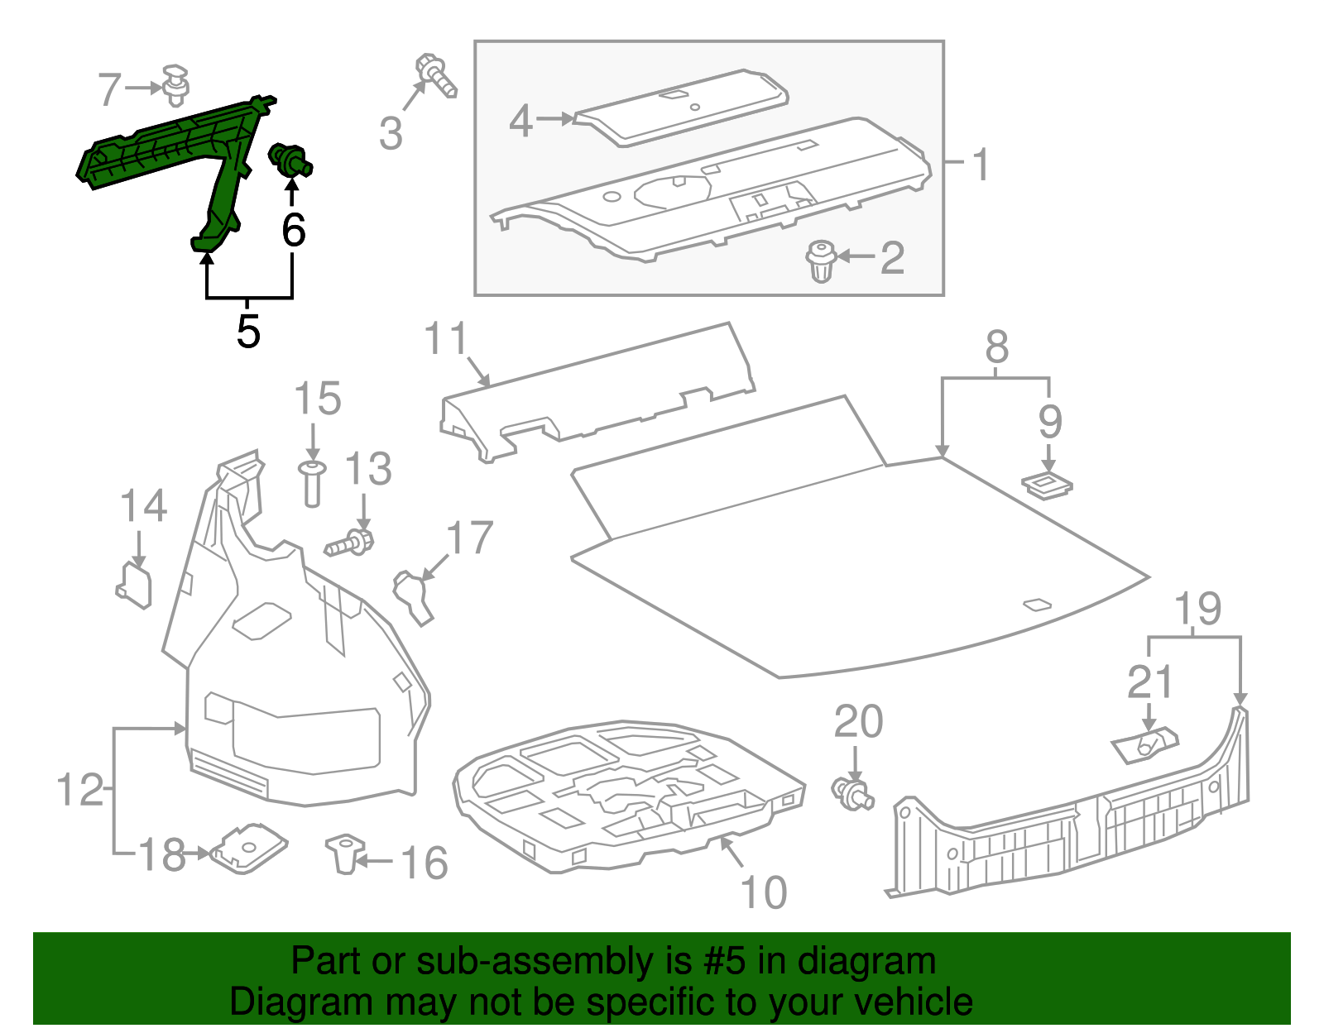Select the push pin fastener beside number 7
(x=175, y=85)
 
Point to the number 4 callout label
(x=520, y=121)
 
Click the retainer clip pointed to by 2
(x=821, y=261)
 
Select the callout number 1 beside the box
(x=981, y=165)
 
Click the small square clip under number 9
(x=1047, y=485)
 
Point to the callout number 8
(x=997, y=347)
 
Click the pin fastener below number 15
(x=312, y=483)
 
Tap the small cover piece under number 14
(x=135, y=585)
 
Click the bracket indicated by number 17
(x=413, y=595)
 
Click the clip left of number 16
(x=345, y=853)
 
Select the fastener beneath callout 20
(x=851, y=791)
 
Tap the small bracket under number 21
(x=1145, y=744)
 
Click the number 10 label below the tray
(x=763, y=892)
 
